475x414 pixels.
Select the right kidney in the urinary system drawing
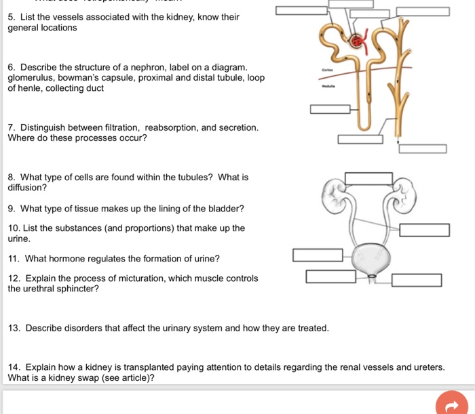(x=402, y=192)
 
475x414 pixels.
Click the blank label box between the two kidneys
(x=368, y=178)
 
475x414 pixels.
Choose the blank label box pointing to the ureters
(x=424, y=230)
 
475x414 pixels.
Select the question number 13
(x=14, y=328)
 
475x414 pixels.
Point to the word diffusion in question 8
(x=27, y=188)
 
